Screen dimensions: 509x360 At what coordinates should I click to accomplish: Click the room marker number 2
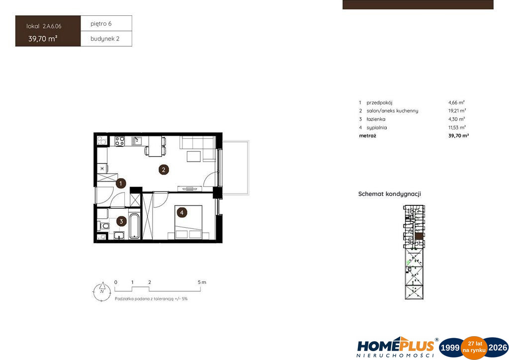164,170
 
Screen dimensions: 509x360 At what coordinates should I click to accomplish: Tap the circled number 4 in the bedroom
182,213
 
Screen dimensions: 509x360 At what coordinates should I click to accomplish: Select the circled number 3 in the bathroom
121,221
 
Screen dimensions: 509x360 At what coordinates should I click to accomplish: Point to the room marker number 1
121,183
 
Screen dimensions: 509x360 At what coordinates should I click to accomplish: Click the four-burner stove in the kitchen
119,141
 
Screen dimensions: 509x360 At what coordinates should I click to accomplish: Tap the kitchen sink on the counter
136,141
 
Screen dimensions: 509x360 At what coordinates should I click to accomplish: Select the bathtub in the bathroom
134,226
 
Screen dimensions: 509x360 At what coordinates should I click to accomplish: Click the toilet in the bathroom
103,225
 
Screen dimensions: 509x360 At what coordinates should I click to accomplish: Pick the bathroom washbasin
119,236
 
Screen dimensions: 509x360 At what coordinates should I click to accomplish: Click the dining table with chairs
155,146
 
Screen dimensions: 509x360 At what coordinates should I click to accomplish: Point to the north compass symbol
102,291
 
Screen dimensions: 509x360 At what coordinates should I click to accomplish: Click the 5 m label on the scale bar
202,282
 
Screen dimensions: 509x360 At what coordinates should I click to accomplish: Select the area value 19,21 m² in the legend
457,111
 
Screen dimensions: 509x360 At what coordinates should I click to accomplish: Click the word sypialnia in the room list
377,128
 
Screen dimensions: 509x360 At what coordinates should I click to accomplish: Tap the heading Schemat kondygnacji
390,194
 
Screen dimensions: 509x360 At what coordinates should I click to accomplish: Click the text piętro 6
101,24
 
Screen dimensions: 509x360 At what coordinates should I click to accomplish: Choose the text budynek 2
105,39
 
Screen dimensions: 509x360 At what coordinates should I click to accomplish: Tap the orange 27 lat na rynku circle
474,348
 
